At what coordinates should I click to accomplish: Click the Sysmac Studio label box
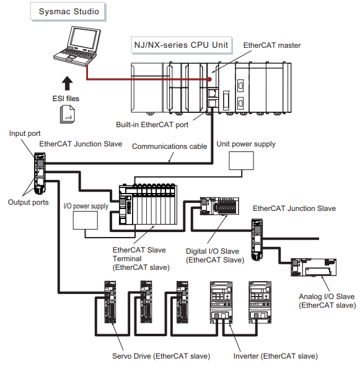pyautogui.click(x=68, y=11)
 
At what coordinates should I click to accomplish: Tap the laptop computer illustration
pyautogui.click(x=77, y=47)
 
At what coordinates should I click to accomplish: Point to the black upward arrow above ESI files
pyautogui.click(x=67, y=83)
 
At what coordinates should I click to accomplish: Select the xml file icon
pyautogui.click(x=68, y=114)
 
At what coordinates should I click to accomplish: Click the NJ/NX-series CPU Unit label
pyautogui.click(x=182, y=45)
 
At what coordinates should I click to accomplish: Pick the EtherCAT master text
pyautogui.click(x=272, y=45)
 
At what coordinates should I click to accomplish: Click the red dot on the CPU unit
pyautogui.click(x=209, y=79)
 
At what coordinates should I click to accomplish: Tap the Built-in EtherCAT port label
pyautogui.click(x=152, y=125)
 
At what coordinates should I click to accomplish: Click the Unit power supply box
pyautogui.click(x=241, y=161)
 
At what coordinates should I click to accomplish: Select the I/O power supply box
pyautogui.click(x=86, y=220)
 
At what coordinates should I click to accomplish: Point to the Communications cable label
pyautogui.click(x=170, y=146)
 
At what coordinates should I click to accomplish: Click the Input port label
pyautogui.click(x=25, y=133)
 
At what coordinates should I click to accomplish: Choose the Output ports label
pyautogui.click(x=28, y=202)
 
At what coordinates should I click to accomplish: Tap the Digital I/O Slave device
pyautogui.click(x=219, y=206)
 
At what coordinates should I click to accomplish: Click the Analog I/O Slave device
pyautogui.click(x=314, y=267)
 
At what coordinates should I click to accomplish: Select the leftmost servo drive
pyautogui.click(x=110, y=302)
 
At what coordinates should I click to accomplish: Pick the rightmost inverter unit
pyautogui.click(x=260, y=302)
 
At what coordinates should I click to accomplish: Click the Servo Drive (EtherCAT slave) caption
pyautogui.click(x=161, y=356)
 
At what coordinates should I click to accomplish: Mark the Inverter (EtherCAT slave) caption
pyautogui.click(x=275, y=356)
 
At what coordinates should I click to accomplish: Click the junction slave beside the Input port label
pyautogui.click(x=40, y=173)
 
